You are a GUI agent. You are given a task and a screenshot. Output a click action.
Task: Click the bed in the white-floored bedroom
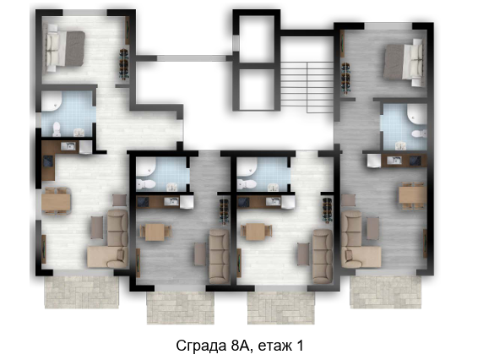65,48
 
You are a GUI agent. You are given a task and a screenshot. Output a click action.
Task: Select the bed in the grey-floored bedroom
403,62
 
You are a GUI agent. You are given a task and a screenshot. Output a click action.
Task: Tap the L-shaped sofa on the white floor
108,239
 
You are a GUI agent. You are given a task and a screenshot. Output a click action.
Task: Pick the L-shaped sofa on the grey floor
361,240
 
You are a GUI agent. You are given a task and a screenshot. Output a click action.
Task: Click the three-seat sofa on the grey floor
219,256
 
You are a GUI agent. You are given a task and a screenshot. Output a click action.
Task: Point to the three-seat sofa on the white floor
323,256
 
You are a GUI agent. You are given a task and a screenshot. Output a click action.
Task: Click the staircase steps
307,87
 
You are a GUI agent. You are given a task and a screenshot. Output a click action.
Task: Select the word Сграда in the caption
200,346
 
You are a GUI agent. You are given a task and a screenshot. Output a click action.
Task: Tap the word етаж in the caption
274,346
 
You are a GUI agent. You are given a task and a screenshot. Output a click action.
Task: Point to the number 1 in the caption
300,346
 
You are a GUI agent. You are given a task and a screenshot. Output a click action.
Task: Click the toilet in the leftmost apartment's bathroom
57,129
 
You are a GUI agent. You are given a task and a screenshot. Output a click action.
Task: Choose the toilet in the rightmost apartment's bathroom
419,134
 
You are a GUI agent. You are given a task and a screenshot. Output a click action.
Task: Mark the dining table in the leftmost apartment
56,202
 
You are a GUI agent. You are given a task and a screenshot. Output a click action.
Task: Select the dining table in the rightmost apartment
413,195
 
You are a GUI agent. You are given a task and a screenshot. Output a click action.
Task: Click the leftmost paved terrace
82,292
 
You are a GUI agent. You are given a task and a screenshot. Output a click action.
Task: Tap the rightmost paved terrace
386,292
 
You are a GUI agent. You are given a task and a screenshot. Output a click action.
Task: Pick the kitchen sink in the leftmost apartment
68,146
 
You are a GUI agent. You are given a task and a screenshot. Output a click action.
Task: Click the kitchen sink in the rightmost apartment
394,160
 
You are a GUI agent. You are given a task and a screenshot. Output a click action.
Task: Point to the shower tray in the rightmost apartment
416,115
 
